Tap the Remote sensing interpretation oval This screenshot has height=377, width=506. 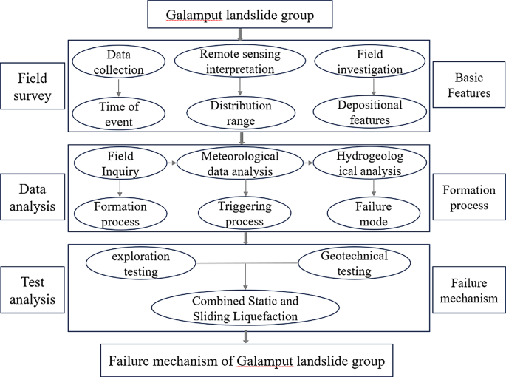239,61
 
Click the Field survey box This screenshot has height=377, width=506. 31,87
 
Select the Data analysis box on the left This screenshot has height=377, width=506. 31,197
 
